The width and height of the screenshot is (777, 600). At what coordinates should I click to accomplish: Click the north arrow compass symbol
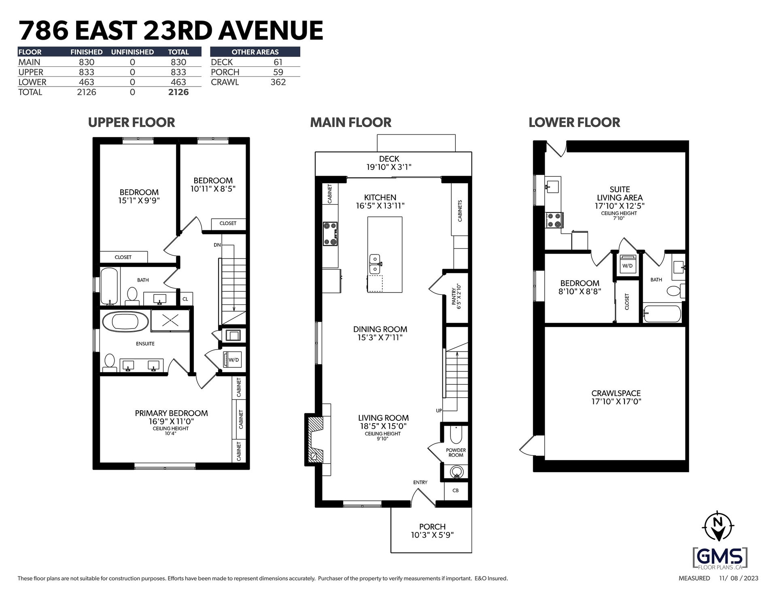tap(718, 526)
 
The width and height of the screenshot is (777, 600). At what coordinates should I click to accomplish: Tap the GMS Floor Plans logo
tap(720, 558)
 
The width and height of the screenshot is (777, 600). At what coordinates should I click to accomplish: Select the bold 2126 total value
tap(178, 92)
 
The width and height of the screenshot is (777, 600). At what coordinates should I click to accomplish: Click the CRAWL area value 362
tap(278, 82)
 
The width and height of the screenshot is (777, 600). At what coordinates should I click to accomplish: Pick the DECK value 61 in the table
tap(278, 62)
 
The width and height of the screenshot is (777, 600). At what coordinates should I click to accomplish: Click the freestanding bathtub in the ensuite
tap(125, 322)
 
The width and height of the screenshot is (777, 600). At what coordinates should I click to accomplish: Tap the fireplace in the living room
tap(315, 439)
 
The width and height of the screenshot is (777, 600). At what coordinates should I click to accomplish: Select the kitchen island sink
tap(375, 264)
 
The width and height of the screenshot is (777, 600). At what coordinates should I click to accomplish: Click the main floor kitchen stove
tap(330, 234)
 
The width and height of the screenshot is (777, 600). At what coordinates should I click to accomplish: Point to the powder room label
tap(456, 453)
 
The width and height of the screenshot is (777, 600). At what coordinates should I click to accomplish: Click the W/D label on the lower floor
tap(627, 266)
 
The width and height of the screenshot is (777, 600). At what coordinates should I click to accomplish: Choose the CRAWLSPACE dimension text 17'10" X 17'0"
tap(616, 402)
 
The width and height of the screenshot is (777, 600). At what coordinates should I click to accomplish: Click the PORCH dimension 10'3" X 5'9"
tap(432, 535)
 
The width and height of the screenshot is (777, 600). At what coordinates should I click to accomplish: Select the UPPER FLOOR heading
tap(132, 122)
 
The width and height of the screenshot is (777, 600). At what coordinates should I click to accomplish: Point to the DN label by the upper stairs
tap(217, 245)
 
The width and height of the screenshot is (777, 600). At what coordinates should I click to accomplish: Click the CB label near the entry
tap(455, 490)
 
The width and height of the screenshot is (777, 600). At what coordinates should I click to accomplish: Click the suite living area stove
tap(553, 220)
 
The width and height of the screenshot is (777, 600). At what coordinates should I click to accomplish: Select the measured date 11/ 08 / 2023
tap(738, 579)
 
